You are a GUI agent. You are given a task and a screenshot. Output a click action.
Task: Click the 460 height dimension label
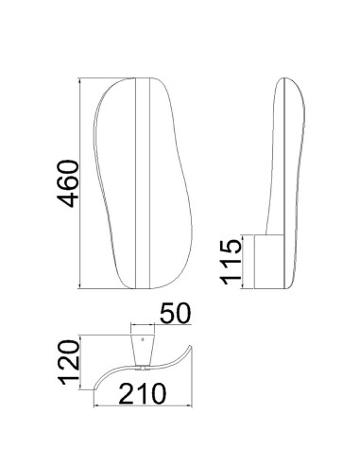coord(67,183)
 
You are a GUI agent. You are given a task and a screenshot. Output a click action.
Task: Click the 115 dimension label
coord(231,262)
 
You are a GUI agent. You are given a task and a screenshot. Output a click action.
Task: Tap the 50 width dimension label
coord(176,314)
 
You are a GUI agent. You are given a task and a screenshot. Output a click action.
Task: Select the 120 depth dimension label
coord(69,362)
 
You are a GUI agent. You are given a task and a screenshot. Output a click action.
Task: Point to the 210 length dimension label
coord(142,393)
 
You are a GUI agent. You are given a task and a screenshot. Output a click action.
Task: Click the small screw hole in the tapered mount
coord(143,339)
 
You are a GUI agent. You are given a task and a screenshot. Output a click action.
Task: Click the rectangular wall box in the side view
coord(269,262)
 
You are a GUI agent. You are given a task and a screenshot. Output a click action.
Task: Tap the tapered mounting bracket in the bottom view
coord(143,350)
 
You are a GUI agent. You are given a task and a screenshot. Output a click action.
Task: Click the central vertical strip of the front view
coord(143,182)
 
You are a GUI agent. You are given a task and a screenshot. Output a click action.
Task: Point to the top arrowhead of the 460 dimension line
coord(80,80)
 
